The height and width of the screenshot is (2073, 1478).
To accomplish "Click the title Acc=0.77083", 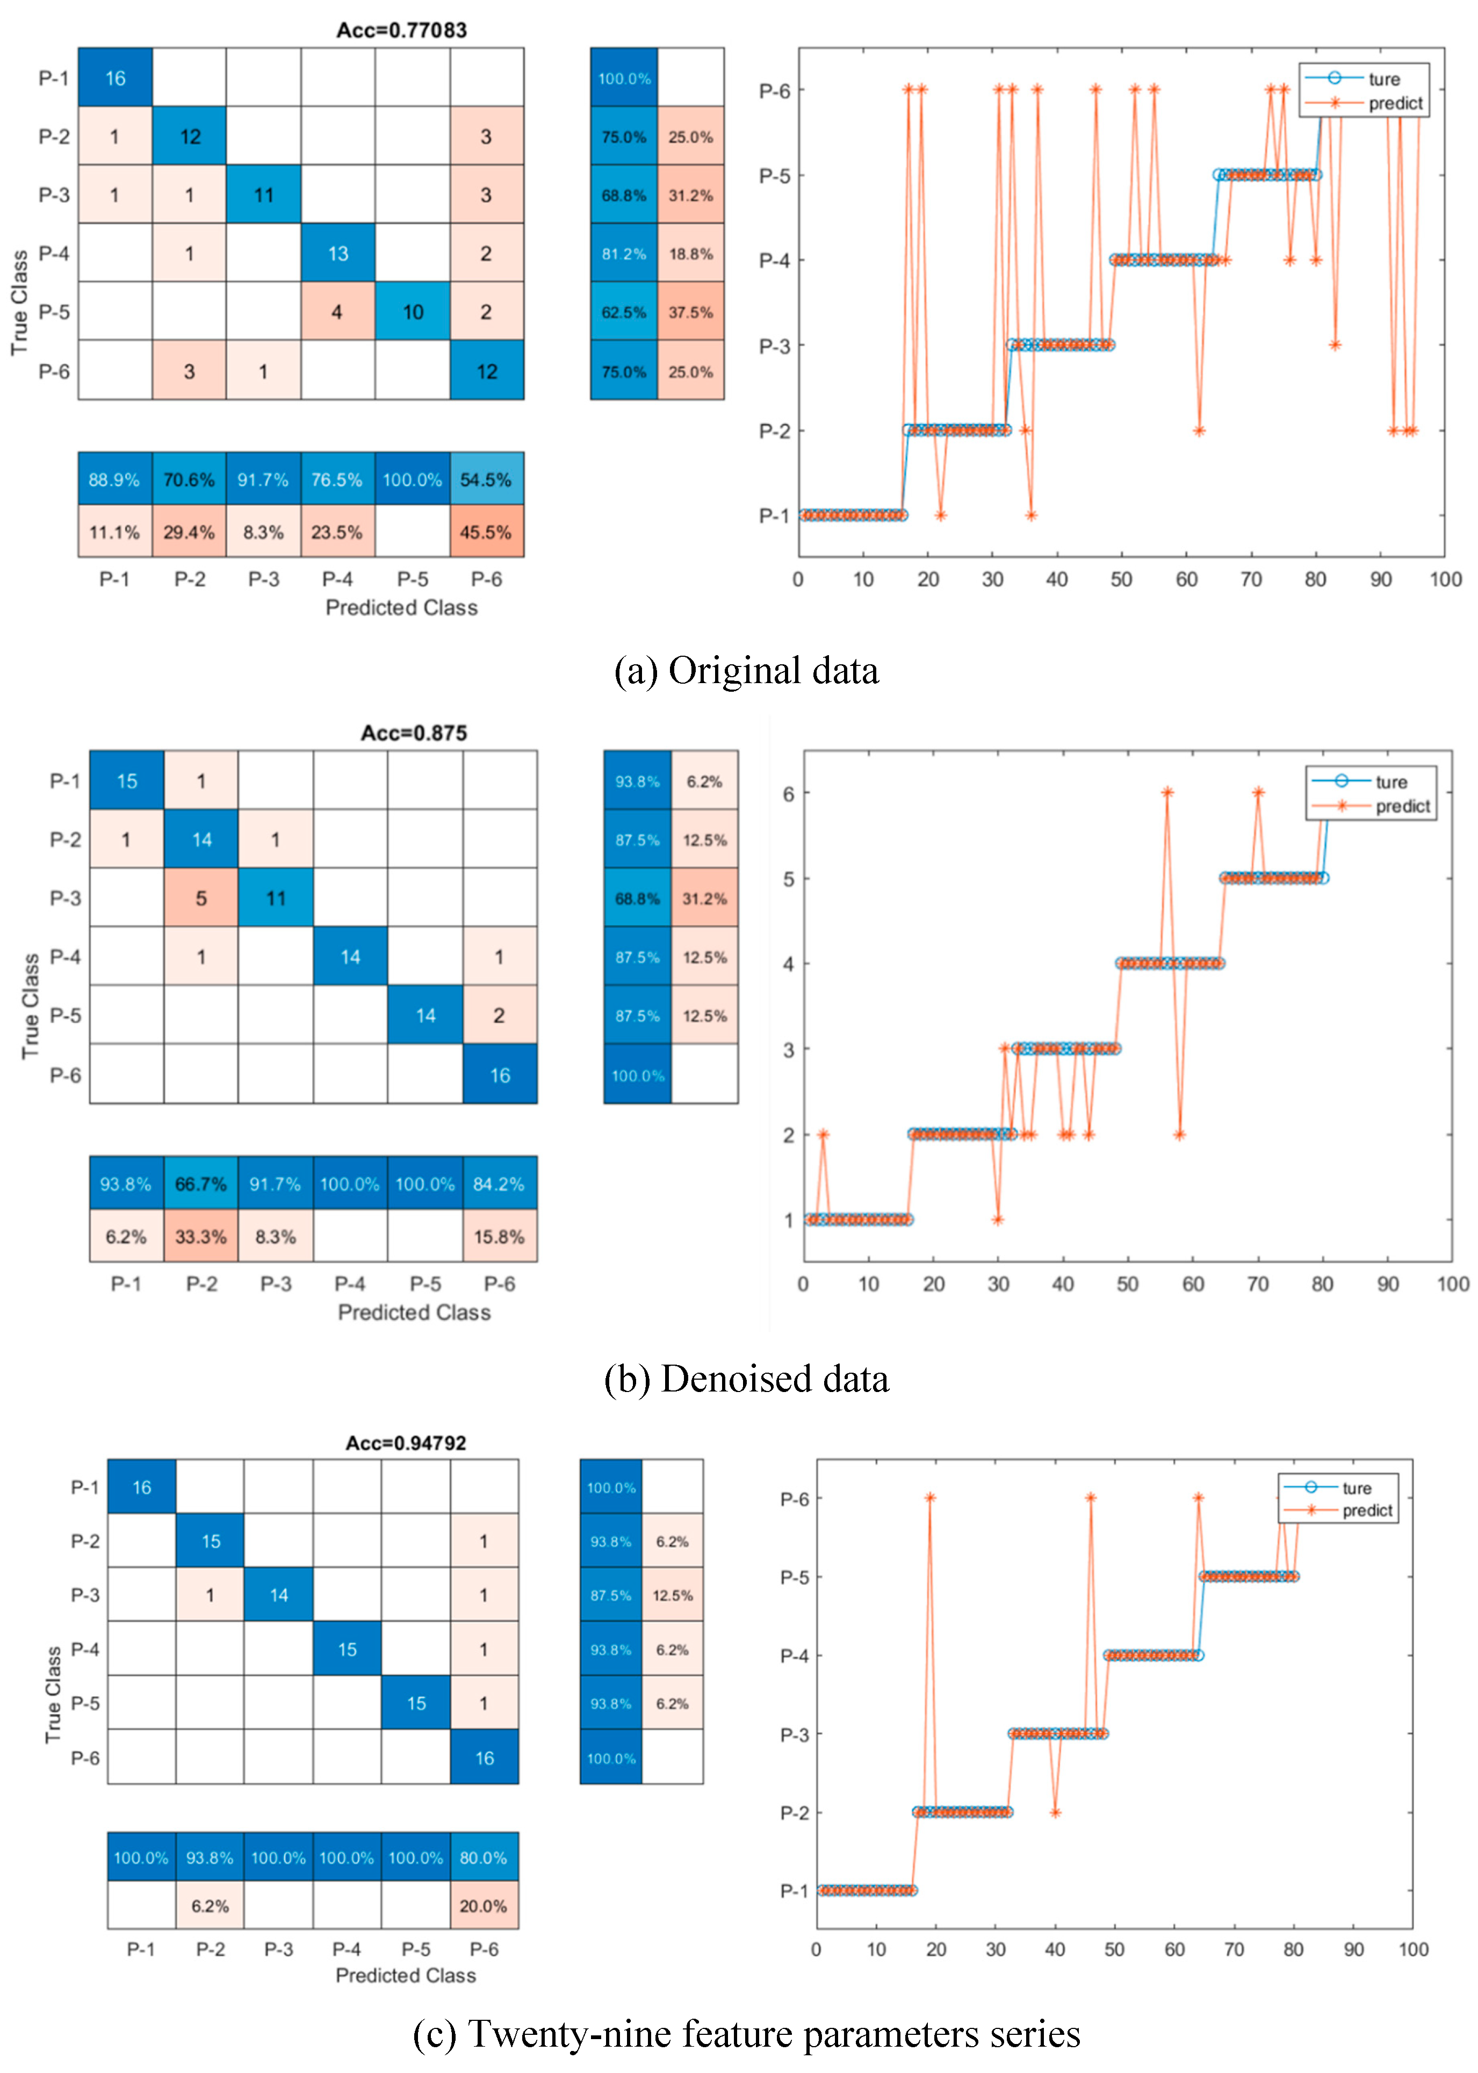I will pyautogui.click(x=401, y=30).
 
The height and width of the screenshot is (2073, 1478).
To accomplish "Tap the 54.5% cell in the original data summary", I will pyautogui.click(x=486, y=480).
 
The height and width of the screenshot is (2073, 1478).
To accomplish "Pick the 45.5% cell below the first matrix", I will pyautogui.click(x=486, y=533).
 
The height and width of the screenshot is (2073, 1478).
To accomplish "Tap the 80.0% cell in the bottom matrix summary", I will pyautogui.click(x=483, y=1858).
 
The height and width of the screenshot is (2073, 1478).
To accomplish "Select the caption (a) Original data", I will pyautogui.click(x=746, y=671).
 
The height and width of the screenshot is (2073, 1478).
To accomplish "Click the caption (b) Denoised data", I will pyautogui.click(x=746, y=1379).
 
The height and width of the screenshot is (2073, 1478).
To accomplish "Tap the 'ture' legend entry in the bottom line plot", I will pyautogui.click(x=1356, y=1488).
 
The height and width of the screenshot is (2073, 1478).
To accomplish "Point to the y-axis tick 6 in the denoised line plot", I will pyautogui.click(x=788, y=794).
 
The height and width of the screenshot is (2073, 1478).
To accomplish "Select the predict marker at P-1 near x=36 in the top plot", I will pyautogui.click(x=1031, y=515).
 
